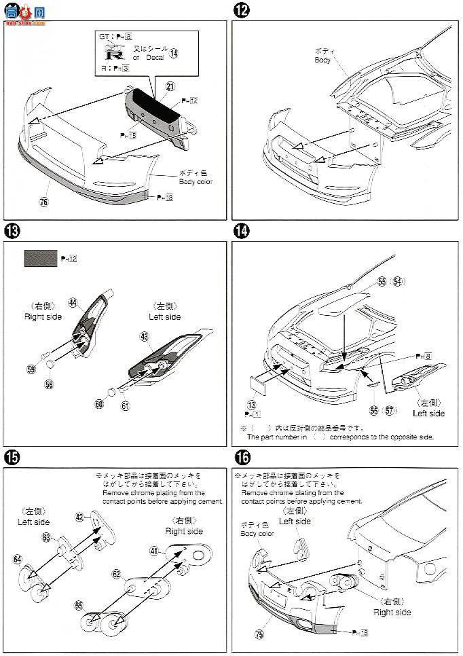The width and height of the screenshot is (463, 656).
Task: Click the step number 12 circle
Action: [240, 10]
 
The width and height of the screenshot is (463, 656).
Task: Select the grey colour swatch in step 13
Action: [41, 258]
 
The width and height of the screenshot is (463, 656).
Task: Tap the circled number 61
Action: [126, 405]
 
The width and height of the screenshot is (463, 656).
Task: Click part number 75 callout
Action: [259, 635]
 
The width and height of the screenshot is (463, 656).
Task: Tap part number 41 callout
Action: [153, 551]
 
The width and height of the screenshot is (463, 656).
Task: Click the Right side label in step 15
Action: [184, 530]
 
